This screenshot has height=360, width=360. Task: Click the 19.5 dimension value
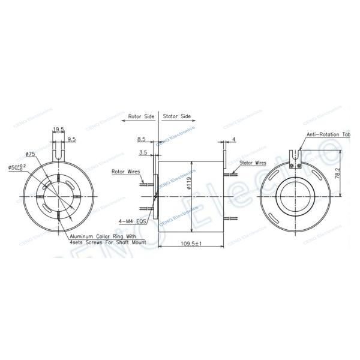point(59,128)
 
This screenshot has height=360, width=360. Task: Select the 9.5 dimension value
point(71,139)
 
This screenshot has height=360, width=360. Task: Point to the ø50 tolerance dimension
point(17,167)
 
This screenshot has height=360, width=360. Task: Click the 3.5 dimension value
point(143,153)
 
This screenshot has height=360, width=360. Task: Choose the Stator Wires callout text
point(253,162)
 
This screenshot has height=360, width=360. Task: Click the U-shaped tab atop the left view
point(58,149)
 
